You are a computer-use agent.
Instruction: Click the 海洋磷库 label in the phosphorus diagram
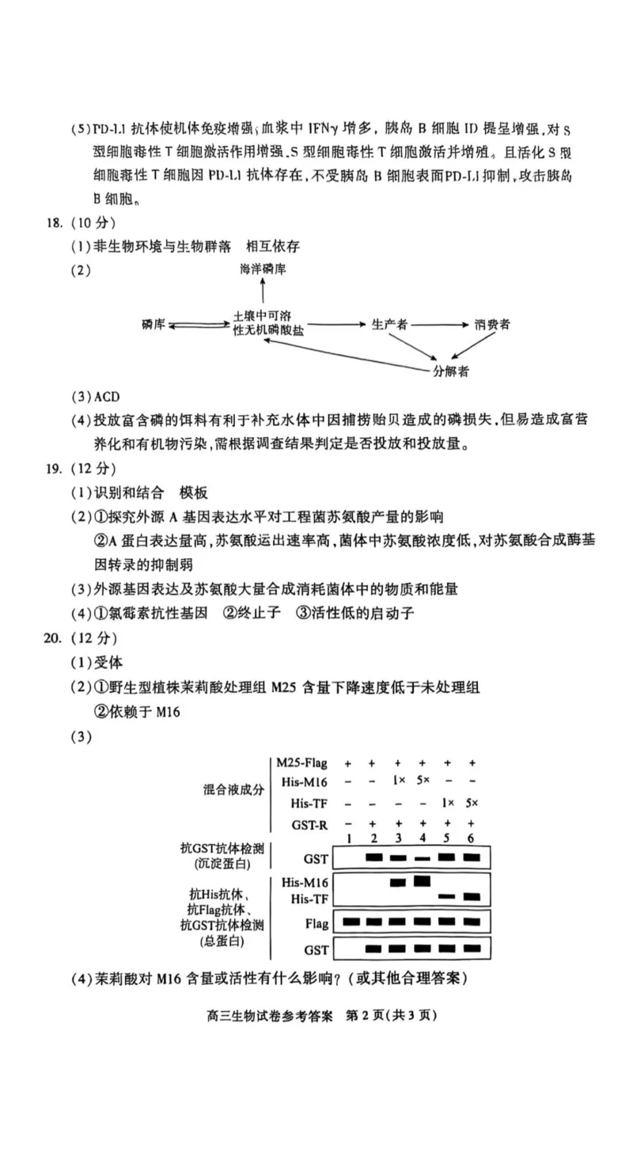click(263, 269)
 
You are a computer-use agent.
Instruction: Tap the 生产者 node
click(389, 325)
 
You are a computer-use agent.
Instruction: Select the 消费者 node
click(493, 325)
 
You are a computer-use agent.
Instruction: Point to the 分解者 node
click(450, 371)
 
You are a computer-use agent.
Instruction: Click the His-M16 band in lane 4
click(423, 880)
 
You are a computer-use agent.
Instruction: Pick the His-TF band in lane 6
click(472, 897)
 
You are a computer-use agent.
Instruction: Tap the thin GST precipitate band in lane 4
click(423, 857)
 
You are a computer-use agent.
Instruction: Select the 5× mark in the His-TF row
click(472, 803)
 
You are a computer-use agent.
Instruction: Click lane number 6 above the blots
click(472, 838)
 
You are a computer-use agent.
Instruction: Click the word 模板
click(194, 493)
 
